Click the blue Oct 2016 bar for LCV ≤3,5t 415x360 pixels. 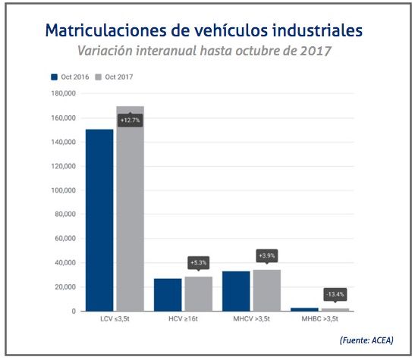click(99, 220)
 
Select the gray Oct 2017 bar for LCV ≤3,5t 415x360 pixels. click(130, 216)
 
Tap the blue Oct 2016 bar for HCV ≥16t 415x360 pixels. click(168, 295)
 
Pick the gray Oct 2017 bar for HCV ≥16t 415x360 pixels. click(198, 294)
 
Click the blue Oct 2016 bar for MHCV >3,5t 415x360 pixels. click(236, 291)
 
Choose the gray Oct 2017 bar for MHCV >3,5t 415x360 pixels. click(266, 290)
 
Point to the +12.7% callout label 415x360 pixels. click(130, 120)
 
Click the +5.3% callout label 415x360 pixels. click(199, 263)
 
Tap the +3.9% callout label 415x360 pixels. click(267, 255)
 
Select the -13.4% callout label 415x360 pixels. click(335, 293)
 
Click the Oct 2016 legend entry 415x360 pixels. click(71, 77)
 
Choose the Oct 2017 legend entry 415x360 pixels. click(115, 77)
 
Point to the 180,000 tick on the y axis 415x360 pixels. click(64, 93)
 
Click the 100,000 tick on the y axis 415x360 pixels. click(64, 190)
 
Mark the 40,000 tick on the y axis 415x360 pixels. click(66, 263)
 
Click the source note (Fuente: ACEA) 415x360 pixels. click(366, 340)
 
